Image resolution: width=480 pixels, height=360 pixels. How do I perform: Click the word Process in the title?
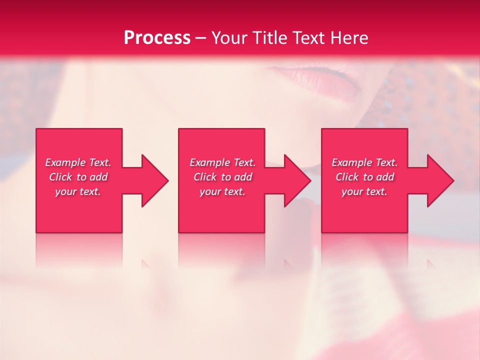tap(157, 38)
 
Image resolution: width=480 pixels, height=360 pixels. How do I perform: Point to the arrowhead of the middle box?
tap(299, 181)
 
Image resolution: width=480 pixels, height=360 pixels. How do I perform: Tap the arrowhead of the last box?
tap(442, 181)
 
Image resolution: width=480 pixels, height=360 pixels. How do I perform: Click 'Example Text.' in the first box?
tap(78, 162)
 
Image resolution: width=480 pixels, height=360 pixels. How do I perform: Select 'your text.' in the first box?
tap(78, 191)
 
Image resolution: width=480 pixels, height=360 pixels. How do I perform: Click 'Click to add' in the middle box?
tap(222, 177)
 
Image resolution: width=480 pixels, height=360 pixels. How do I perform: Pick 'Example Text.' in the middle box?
tap(222, 162)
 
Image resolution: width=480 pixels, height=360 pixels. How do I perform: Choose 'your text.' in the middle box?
tap(222, 191)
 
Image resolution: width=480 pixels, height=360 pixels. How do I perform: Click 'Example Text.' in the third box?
tap(364, 162)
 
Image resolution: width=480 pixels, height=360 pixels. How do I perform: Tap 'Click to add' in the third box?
tap(364, 177)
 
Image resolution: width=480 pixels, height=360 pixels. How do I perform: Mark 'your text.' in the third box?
tap(364, 191)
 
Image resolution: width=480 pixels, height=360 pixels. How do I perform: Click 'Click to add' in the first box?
tap(78, 177)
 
